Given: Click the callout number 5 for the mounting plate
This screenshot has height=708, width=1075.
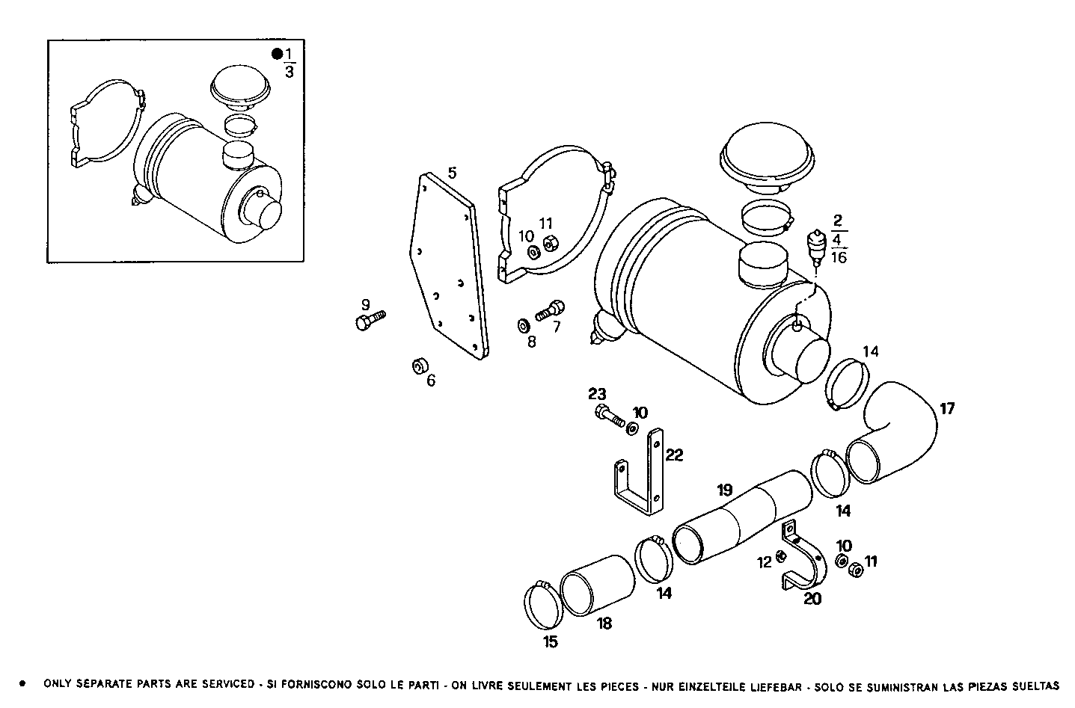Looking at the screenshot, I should [x=452, y=173].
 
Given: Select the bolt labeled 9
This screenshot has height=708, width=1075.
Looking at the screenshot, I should [x=369, y=320].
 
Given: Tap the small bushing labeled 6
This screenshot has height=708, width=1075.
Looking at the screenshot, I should [x=419, y=366].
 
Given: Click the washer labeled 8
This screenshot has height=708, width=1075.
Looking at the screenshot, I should [x=522, y=326].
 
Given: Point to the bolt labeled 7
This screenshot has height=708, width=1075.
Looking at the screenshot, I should [x=550, y=310].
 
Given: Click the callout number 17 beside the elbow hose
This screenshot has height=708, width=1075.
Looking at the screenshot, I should [x=947, y=409].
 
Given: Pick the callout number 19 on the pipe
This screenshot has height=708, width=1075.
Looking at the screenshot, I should [x=724, y=490].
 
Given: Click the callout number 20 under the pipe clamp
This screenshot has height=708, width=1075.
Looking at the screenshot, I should [x=812, y=598].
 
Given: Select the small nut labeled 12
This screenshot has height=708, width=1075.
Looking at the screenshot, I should [x=780, y=556].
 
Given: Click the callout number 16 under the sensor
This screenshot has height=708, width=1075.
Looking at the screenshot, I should [x=839, y=258].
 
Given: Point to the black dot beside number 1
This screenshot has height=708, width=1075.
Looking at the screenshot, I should [x=277, y=53].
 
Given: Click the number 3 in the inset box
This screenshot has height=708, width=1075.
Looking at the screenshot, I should [x=289, y=72].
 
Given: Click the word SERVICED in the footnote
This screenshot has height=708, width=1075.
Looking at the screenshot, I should [x=227, y=684].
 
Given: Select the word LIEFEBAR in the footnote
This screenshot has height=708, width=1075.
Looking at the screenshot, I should [x=779, y=684].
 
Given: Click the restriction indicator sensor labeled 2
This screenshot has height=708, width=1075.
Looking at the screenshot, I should [x=817, y=246].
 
